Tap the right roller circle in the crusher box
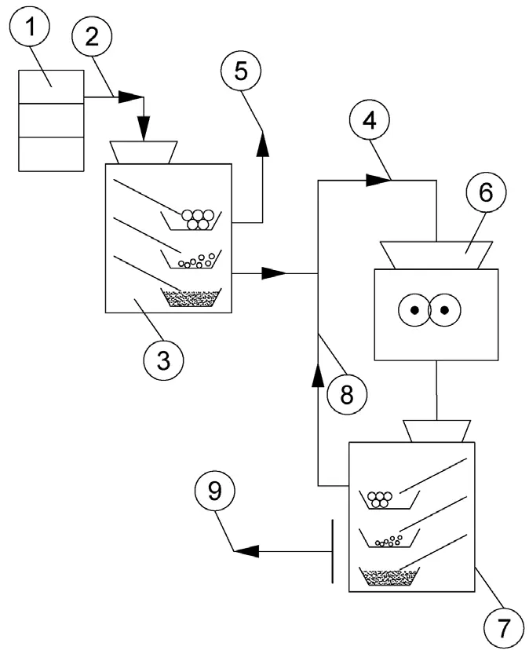[444, 309]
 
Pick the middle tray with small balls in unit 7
[389, 539]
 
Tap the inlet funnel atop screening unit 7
[436, 430]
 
